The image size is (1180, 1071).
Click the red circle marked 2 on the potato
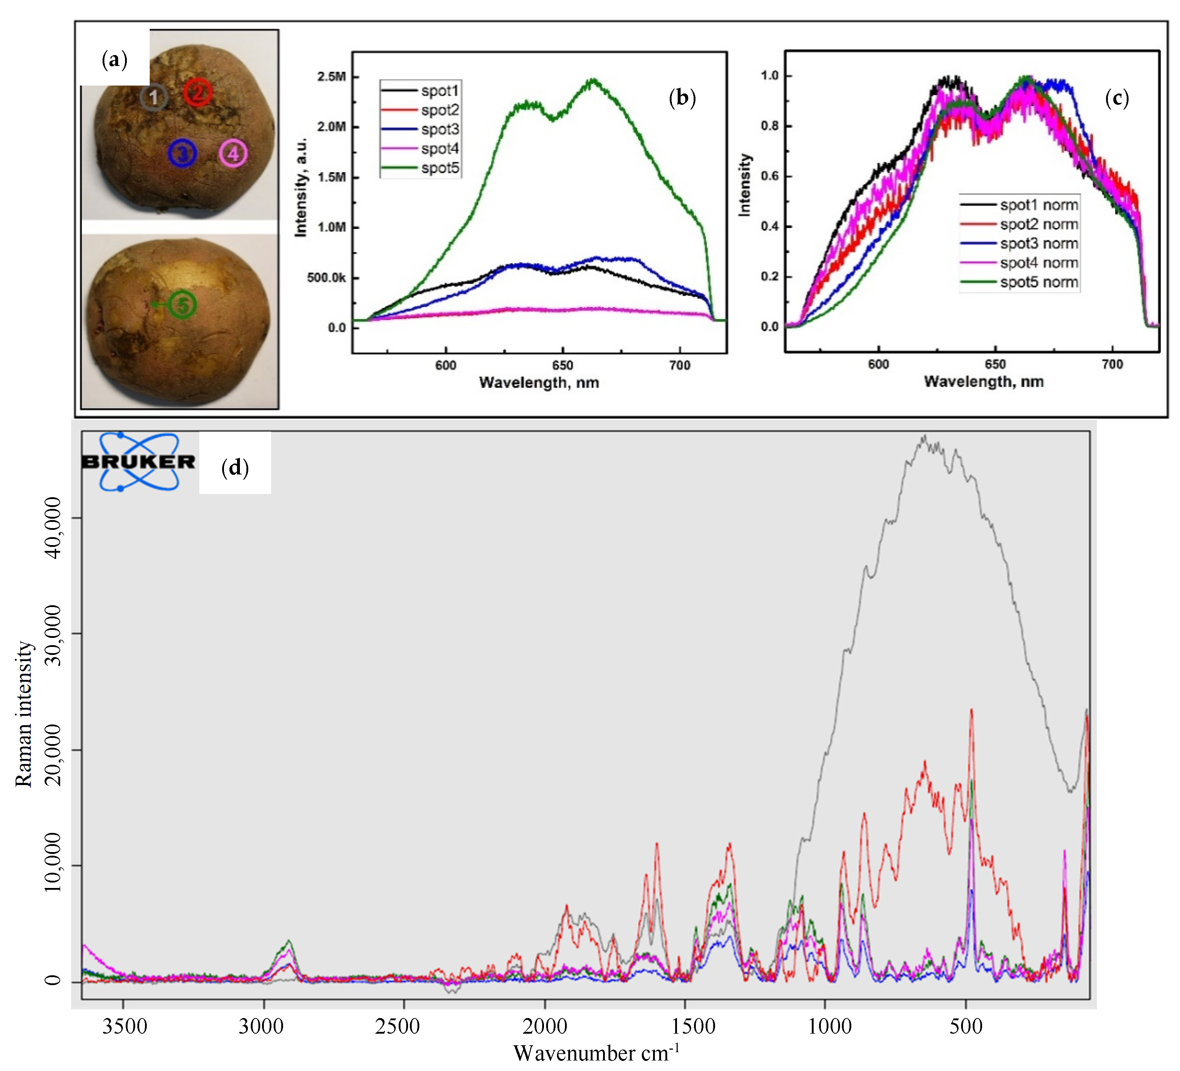pyautogui.click(x=198, y=92)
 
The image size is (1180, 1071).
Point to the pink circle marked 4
pyautogui.click(x=233, y=154)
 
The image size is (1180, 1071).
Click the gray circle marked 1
pyautogui.click(x=153, y=97)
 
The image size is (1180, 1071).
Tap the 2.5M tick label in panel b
pyautogui.click(x=331, y=77)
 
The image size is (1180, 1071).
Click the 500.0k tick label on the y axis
pyautogui.click(x=326, y=277)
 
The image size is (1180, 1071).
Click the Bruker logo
pyautogui.click(x=139, y=462)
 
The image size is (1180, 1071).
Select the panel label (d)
pyautogui.click(x=235, y=468)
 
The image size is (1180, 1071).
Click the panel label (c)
pyautogui.click(x=1116, y=98)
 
